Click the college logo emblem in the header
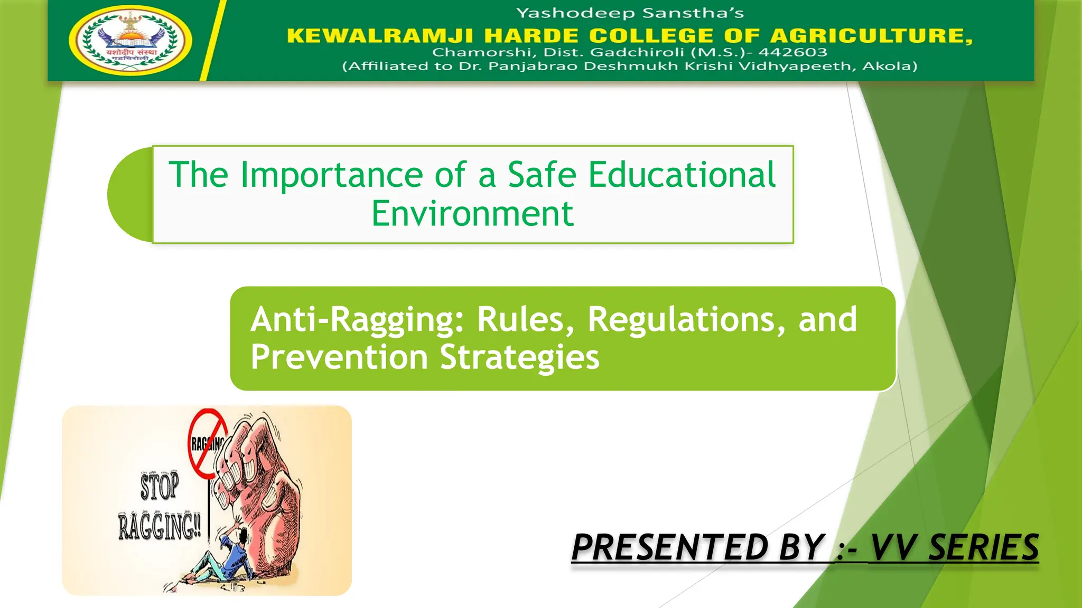point(130,41)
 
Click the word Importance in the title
point(331,175)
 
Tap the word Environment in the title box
point(472,214)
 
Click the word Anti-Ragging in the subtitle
point(357,320)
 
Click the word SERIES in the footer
point(983,547)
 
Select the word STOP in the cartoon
point(159,486)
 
